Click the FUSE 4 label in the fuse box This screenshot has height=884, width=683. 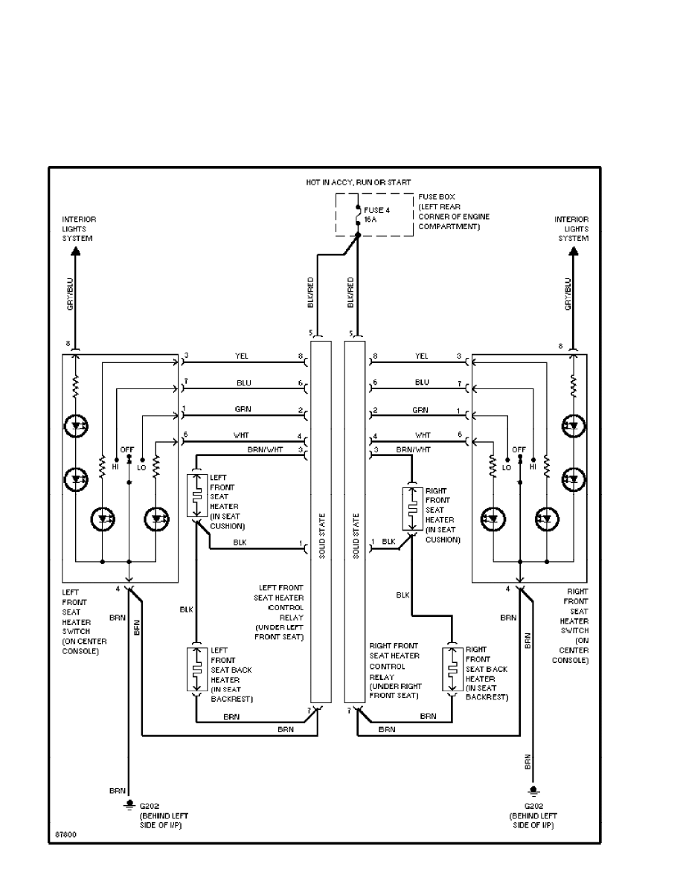coord(377,210)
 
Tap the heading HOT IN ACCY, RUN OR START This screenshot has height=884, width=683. coord(358,182)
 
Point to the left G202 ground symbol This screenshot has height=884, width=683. coord(129,804)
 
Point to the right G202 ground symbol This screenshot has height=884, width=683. coord(533,790)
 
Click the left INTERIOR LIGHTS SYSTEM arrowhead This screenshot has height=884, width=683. coord(75,252)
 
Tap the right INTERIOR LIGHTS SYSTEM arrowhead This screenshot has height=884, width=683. coord(573,252)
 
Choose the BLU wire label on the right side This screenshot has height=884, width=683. coord(422,382)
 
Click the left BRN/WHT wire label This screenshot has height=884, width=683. coord(265,450)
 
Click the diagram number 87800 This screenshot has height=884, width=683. coord(65,835)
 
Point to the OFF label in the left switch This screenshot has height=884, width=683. coord(128,450)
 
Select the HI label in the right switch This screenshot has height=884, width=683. coord(533,467)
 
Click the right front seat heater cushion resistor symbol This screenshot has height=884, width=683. coord(411,510)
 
